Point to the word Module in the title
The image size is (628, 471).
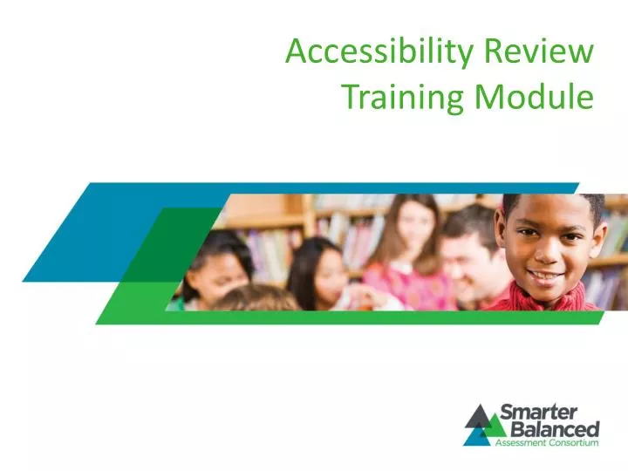point(534,96)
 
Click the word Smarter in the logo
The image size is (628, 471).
point(549,412)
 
